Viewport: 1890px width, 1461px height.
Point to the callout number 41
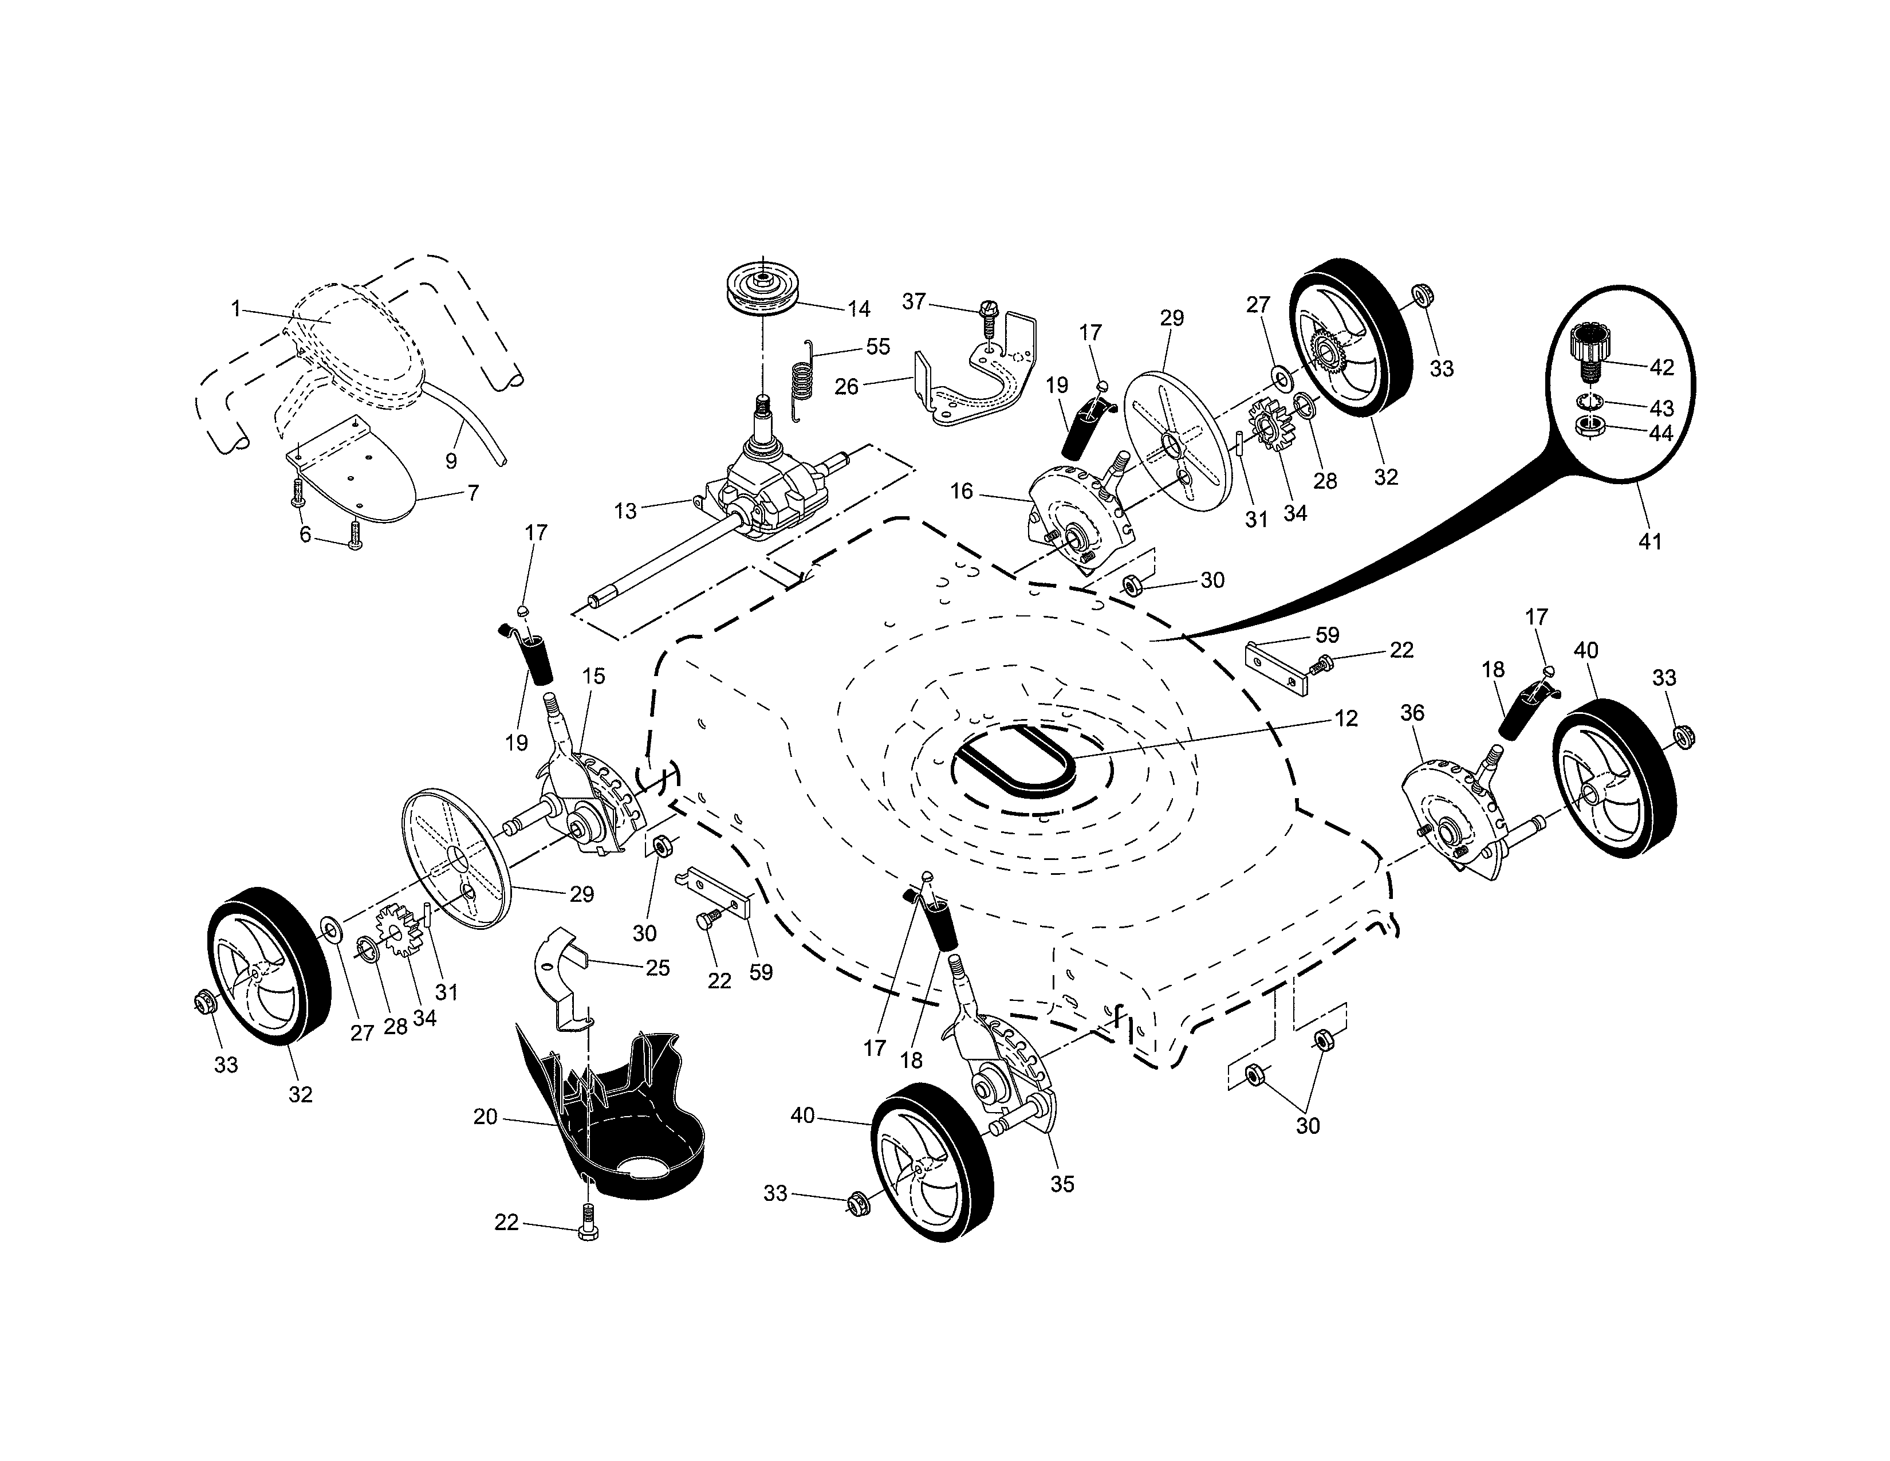tap(1649, 542)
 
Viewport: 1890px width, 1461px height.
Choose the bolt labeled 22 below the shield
tap(586, 1227)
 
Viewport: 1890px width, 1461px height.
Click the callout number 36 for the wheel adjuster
tap(1411, 713)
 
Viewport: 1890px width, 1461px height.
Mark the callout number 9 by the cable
tap(451, 461)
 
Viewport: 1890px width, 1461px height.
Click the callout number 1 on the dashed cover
tap(235, 308)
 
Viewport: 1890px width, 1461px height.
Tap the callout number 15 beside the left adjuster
tap(594, 676)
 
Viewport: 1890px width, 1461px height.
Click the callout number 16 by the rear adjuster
tap(962, 492)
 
